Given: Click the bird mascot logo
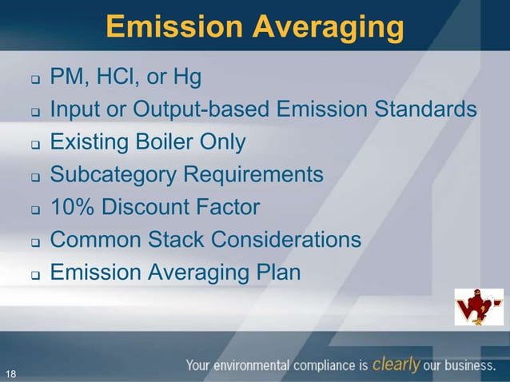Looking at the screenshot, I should [x=479, y=307].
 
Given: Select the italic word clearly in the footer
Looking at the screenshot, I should [x=396, y=365].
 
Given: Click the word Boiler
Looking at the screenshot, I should [x=168, y=142].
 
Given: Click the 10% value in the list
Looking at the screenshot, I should [x=70, y=208].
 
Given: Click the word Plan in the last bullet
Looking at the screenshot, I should [x=277, y=273].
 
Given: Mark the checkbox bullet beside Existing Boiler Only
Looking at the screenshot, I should [x=35, y=145].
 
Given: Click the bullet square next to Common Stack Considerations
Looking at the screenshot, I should [x=35, y=242].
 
